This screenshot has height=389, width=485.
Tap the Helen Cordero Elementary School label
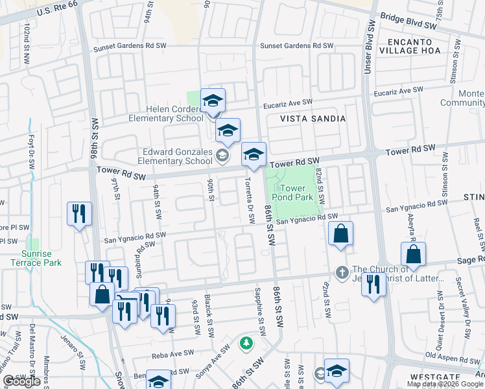[x=166, y=113]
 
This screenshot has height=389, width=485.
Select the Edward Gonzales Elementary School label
[x=177, y=156]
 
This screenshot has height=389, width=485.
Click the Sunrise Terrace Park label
[x=36, y=258]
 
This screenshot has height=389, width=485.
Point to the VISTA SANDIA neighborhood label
[x=313, y=119]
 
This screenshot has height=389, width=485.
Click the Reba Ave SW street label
[x=173, y=355]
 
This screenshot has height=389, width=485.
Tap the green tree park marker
[x=245, y=343]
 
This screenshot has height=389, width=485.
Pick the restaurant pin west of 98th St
[x=79, y=213]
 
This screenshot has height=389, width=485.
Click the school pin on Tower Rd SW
[x=254, y=154]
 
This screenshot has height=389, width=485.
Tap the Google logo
[x=21, y=382]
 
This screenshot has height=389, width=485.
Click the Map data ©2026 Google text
[x=445, y=384]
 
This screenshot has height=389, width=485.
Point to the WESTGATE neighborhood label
[x=431, y=377]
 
